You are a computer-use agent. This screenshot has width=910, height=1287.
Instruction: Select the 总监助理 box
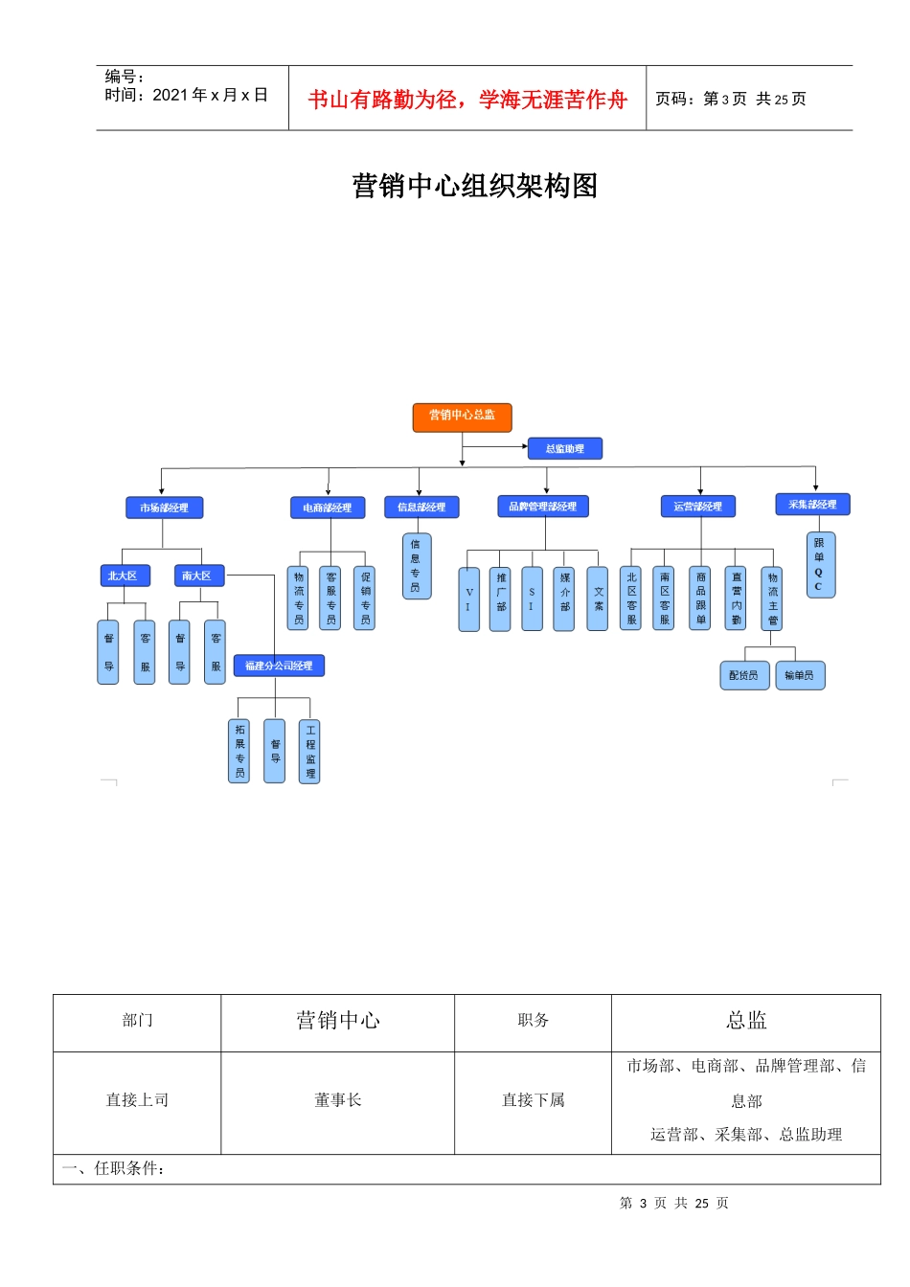coord(564,448)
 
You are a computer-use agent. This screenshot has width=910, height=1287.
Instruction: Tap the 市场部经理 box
coord(164,508)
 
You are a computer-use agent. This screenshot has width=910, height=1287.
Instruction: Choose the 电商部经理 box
coord(327,508)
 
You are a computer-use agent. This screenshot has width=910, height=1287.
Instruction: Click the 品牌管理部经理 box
coord(542,507)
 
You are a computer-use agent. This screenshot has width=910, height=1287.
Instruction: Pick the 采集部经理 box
coord(811,505)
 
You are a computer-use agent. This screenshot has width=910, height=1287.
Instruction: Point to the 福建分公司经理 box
coord(279,666)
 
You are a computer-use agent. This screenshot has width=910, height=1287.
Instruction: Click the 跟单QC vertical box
coord(820,565)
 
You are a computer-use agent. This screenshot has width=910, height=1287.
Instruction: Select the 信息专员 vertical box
coord(416,566)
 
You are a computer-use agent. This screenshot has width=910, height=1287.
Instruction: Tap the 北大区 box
coord(125,576)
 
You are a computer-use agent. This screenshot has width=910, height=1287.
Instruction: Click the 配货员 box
coord(743,675)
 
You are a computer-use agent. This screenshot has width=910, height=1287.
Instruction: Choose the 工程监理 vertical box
coord(309,751)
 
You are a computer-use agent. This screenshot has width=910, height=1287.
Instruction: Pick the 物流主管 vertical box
coord(772,599)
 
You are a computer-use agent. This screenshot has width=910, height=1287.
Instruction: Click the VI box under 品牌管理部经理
coord(468,599)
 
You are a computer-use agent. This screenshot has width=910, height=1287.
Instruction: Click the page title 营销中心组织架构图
coord(474,186)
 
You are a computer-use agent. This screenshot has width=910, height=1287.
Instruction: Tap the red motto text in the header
coord(466,100)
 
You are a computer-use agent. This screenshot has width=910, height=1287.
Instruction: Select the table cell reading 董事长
coord(337,1100)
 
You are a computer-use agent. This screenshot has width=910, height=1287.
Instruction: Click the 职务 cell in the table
coord(533,1021)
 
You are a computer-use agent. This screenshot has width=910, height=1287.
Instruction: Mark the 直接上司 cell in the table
coord(137,1100)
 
